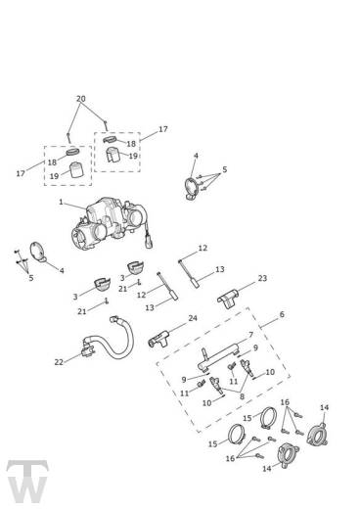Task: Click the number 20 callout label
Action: [81, 99]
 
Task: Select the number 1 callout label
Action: [61, 203]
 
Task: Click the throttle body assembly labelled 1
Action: [111, 222]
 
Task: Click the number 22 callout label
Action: [59, 362]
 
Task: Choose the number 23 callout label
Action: [262, 278]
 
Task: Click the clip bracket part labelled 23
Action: [228, 298]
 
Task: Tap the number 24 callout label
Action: [193, 318]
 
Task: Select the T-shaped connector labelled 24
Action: [158, 339]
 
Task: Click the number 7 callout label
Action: [250, 335]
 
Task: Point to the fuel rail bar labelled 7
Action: [218, 357]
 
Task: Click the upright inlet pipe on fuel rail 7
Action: [204, 354]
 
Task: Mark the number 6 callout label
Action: [282, 314]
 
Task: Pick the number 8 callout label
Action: [242, 396]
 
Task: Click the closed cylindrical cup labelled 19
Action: [77, 170]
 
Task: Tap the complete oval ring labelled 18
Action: [73, 152]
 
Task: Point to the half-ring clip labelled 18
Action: [110, 140]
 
